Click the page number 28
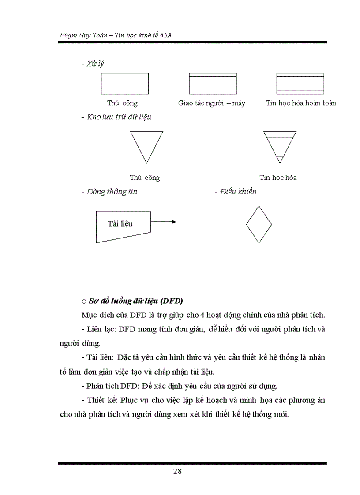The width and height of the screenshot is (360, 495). pyautogui.click(x=177, y=471)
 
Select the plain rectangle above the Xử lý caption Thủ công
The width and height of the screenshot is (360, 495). pyautogui.click(x=124, y=83)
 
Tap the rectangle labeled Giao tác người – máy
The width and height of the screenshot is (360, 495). pyautogui.click(x=212, y=83)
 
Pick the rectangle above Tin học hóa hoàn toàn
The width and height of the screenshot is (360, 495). pyautogui.click(x=300, y=83)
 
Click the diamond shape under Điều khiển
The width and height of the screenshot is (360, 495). pyautogui.click(x=259, y=224)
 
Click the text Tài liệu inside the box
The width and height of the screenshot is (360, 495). pyautogui.click(x=120, y=223)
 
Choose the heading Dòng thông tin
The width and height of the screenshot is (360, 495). pyautogui.click(x=112, y=192)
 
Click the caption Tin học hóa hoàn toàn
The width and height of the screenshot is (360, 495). pyautogui.click(x=300, y=103)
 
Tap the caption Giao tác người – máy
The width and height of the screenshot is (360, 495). pyautogui.click(x=212, y=103)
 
